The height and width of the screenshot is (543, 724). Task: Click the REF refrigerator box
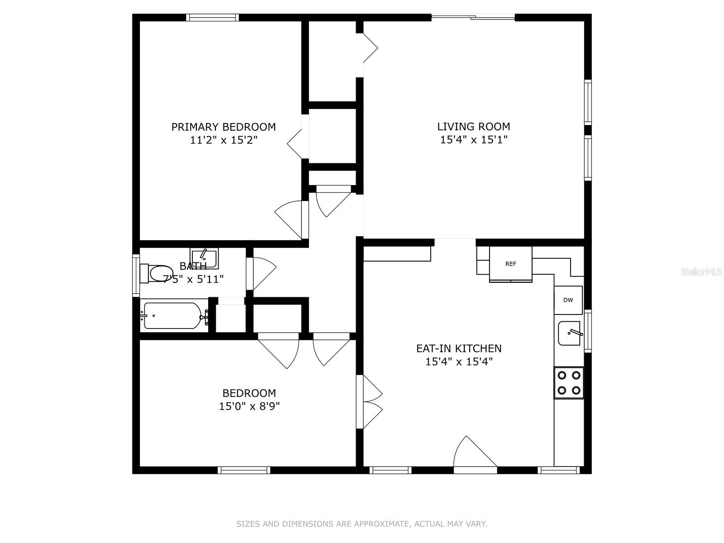(511, 264)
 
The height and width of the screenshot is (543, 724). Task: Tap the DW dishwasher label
(568, 300)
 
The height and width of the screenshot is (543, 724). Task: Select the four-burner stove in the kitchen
(569, 383)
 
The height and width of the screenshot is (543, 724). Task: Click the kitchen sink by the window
(569, 333)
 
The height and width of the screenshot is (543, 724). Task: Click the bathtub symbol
(172, 315)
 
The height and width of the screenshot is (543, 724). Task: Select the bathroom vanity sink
(204, 257)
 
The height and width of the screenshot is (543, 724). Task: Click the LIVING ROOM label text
(473, 127)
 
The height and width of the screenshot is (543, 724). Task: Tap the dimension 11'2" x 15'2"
(224, 140)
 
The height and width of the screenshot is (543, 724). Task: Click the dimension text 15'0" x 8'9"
(249, 406)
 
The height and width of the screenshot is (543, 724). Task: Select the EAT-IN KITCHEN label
(459, 348)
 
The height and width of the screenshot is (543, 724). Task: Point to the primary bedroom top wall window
(212, 18)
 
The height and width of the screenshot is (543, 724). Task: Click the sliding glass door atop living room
(473, 18)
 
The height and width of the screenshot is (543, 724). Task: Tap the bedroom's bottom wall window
(244, 470)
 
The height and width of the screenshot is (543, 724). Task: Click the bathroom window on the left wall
(136, 276)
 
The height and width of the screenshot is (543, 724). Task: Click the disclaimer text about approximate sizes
(362, 524)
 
